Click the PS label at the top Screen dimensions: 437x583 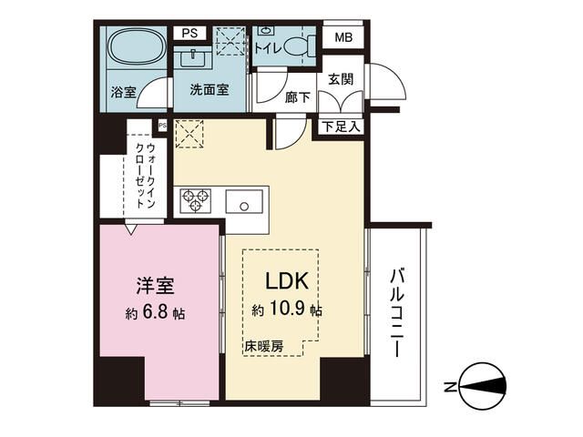(x=189, y=34)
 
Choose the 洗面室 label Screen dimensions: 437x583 (x=209, y=90)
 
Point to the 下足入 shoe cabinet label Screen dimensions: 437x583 (x=341, y=127)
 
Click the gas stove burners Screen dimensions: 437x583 (x=195, y=200)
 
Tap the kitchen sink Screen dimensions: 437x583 (x=245, y=201)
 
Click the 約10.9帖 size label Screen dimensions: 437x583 (x=287, y=310)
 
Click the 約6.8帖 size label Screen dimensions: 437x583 (x=156, y=313)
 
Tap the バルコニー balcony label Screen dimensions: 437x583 (x=399, y=311)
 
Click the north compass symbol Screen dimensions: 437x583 (x=482, y=386)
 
